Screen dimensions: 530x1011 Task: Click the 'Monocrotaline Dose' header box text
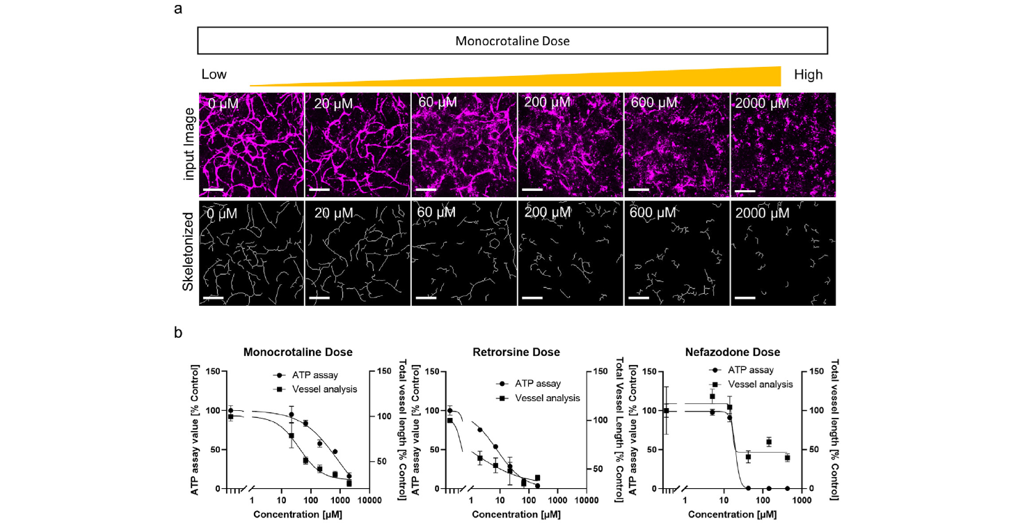tap(512, 41)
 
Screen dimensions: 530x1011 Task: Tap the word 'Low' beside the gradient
tap(214, 75)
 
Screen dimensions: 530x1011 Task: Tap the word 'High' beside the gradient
tap(808, 75)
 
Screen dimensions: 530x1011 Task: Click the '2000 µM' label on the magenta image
tap(761, 103)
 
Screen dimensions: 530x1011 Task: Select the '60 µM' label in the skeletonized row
tap(438, 210)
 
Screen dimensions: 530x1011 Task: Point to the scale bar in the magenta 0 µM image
tap(214, 189)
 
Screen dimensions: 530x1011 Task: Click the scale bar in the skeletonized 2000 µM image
tap(745, 297)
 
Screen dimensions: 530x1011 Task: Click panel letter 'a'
tap(178, 10)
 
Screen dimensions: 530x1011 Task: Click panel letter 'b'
tap(178, 333)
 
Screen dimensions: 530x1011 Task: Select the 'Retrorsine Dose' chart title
tap(516, 352)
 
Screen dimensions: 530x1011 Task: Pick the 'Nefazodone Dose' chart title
tap(740, 352)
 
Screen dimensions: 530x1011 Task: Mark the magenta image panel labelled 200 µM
tap(570, 146)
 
